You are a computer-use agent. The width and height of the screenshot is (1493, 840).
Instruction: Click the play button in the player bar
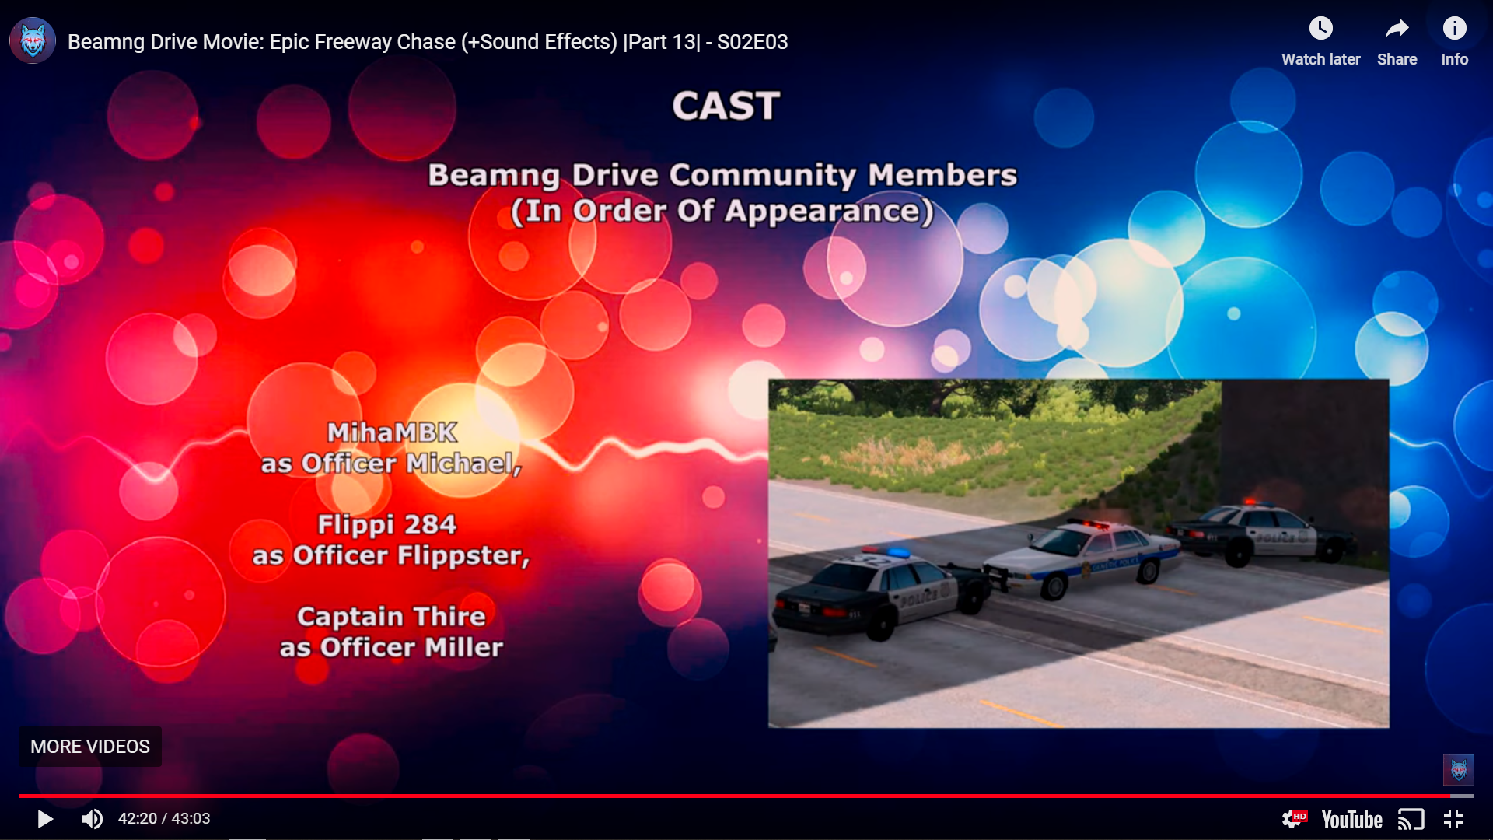(x=45, y=819)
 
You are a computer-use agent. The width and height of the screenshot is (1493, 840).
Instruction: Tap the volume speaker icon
(x=92, y=819)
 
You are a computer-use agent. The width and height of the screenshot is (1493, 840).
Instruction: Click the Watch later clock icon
(x=1320, y=29)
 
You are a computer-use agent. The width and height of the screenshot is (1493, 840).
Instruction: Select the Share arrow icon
(x=1397, y=29)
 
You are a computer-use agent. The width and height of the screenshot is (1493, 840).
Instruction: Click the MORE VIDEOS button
(x=90, y=747)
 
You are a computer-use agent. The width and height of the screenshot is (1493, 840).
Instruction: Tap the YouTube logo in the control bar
(x=1351, y=820)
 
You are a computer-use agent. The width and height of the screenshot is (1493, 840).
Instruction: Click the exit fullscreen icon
(x=1453, y=819)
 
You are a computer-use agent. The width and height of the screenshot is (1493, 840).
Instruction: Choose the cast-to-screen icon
(x=1411, y=820)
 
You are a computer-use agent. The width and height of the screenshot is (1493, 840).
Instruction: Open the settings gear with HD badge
(x=1294, y=819)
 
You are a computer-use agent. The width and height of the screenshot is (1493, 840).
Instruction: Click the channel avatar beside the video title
(x=33, y=40)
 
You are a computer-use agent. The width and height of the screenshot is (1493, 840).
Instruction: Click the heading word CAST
(x=726, y=106)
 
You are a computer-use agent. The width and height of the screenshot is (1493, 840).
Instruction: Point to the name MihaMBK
(x=392, y=432)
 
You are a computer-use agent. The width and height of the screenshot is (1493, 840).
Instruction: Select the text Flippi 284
(x=386, y=524)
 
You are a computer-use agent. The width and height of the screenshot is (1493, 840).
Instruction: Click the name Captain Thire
(x=391, y=616)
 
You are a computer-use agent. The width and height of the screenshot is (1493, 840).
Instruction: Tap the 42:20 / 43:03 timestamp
(x=164, y=819)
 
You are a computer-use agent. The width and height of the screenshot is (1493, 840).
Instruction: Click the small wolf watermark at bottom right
(x=1459, y=770)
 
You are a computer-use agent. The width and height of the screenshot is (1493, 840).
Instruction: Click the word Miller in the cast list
(x=463, y=647)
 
